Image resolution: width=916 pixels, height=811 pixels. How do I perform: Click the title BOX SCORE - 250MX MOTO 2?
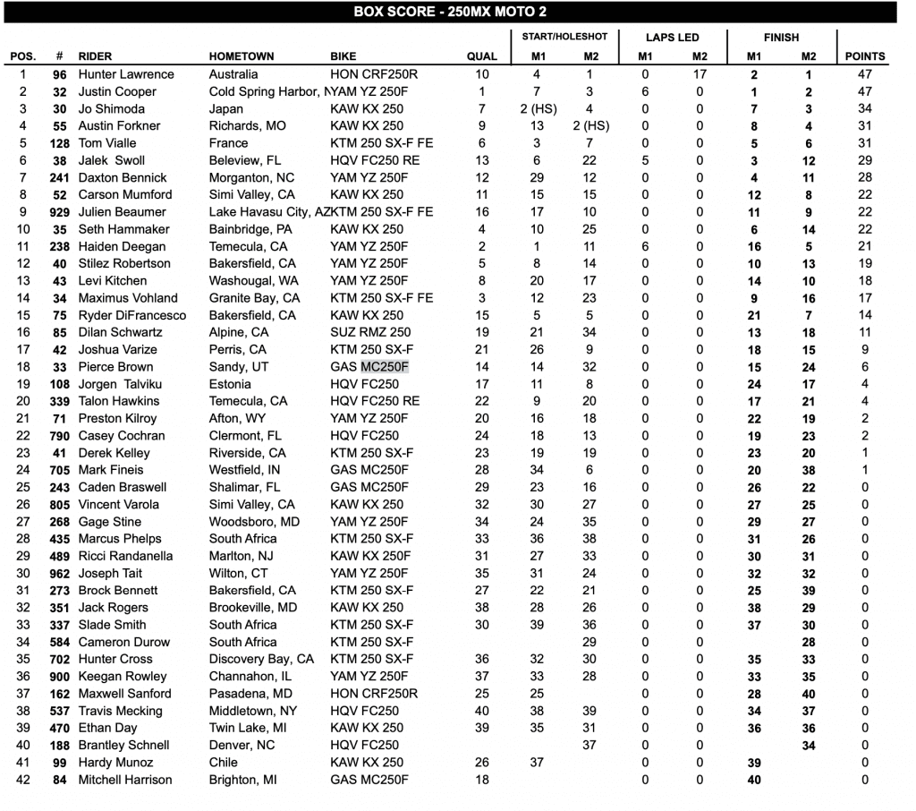(450, 12)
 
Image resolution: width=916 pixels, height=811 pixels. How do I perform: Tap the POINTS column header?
(865, 56)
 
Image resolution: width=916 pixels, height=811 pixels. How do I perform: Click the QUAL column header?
(482, 56)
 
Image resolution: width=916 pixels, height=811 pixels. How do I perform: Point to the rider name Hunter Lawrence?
(126, 74)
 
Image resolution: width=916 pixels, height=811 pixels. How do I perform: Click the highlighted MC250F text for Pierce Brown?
(385, 367)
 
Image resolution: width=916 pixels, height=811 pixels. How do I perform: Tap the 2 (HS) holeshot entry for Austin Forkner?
(590, 126)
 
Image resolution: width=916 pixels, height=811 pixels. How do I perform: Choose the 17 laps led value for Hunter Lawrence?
(700, 74)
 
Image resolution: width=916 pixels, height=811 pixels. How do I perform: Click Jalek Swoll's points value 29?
(865, 160)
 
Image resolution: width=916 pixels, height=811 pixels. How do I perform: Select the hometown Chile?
(224, 763)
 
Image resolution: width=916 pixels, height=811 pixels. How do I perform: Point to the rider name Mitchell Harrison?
(125, 780)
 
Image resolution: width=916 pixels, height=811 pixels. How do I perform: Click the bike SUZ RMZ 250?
(370, 332)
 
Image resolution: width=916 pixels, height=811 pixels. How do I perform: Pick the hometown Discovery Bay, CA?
(261, 660)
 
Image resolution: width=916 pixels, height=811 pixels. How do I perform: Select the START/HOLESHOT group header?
(564, 37)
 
